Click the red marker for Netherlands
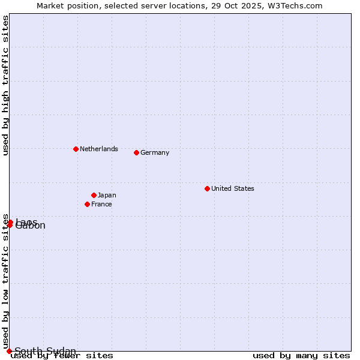coord(76,149)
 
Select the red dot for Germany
coord(136,152)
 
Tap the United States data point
coord(207,188)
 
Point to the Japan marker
coord(94,195)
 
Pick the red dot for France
coord(87,204)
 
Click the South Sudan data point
coord(9,351)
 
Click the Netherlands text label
coord(98,149)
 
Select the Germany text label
coord(155,152)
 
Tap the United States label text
coord(232,188)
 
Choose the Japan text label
coord(107,195)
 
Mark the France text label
coord(101,204)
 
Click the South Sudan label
coord(45,351)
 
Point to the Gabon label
coord(31,227)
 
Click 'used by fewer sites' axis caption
coord(62,355)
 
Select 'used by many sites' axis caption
coord(301,355)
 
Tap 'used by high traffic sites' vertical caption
coord(5,85)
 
